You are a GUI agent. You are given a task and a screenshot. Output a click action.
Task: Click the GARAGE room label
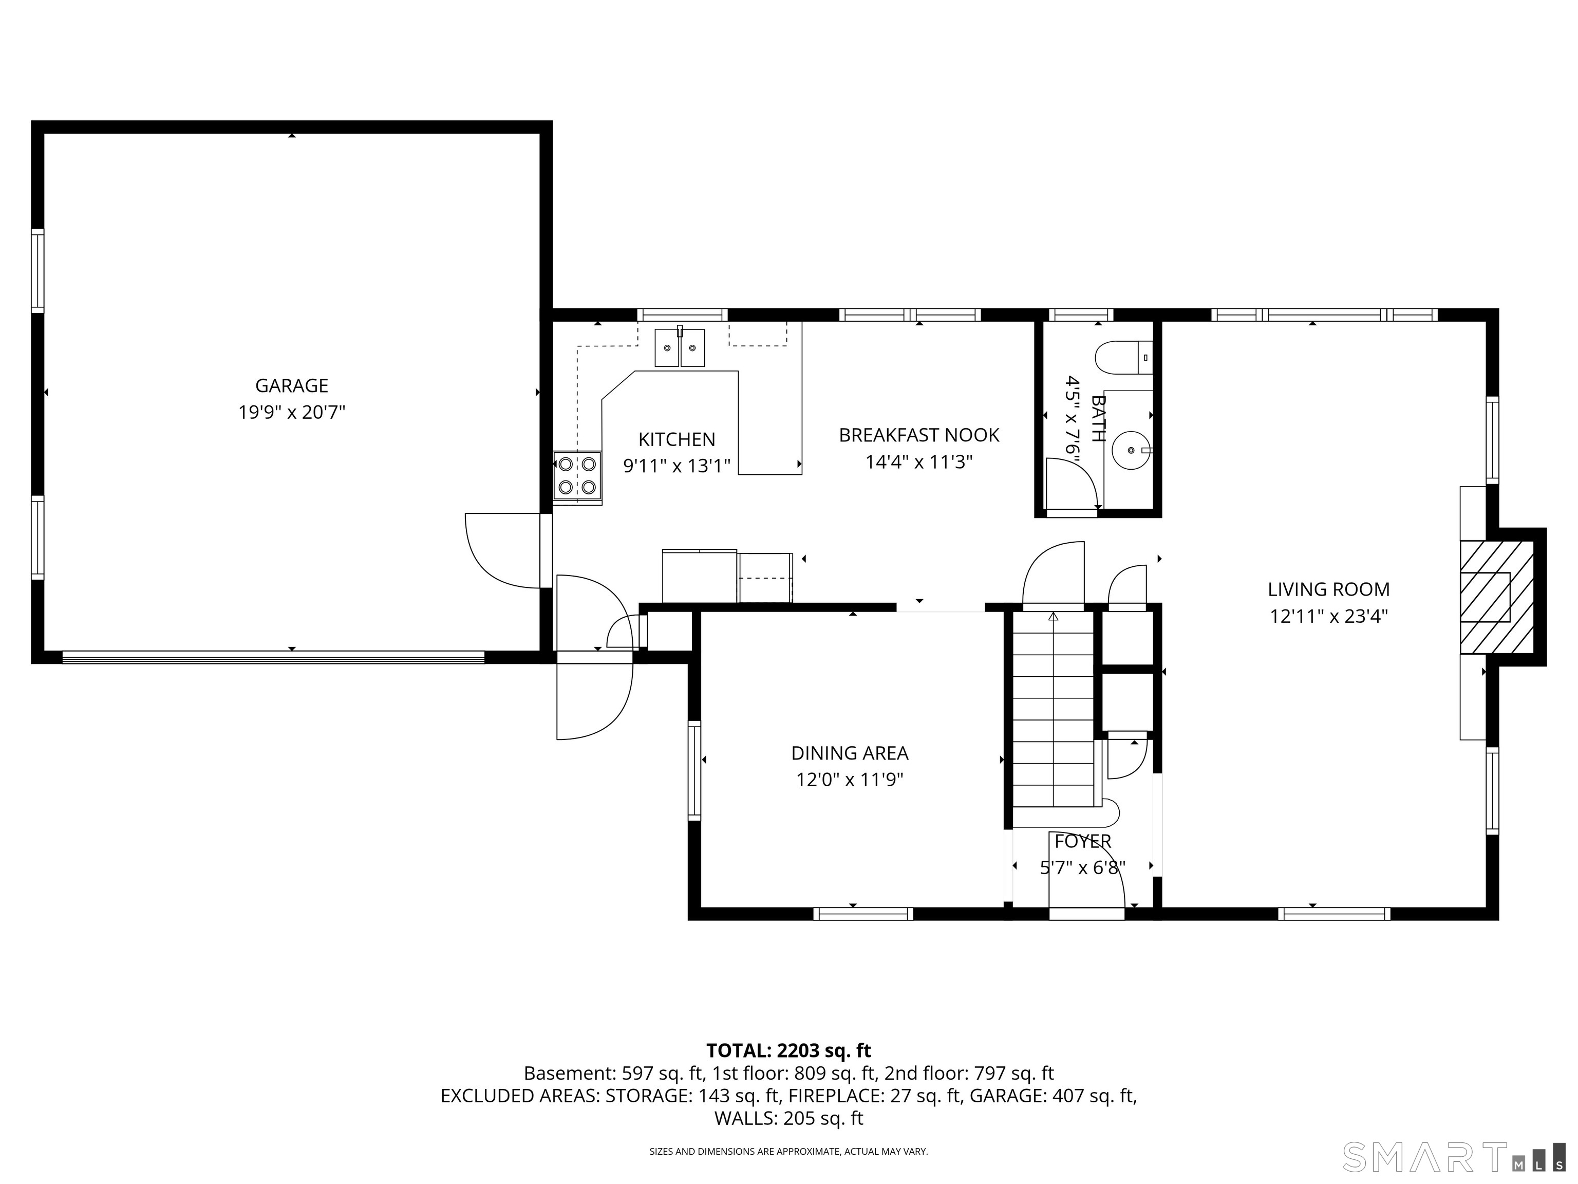click(292, 385)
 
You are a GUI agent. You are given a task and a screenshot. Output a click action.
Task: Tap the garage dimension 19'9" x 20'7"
click(292, 413)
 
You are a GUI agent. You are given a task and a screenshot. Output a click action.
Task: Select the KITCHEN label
click(677, 439)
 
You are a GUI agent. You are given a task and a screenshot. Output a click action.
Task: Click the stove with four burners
click(577, 477)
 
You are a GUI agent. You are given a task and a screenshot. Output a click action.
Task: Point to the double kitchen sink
click(680, 347)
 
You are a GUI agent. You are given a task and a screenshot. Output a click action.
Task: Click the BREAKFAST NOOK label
click(919, 435)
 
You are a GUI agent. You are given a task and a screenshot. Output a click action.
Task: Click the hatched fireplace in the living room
click(1496, 597)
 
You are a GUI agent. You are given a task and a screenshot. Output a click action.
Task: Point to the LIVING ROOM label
click(1328, 589)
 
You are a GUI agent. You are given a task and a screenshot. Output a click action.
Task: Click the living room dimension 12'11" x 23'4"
click(1328, 616)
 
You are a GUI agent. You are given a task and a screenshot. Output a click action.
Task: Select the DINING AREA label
click(850, 753)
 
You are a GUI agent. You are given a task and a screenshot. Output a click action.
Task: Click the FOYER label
click(1082, 841)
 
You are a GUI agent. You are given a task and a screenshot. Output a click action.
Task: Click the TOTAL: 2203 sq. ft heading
click(788, 1050)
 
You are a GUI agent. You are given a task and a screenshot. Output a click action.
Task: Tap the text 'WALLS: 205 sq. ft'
click(788, 1118)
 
